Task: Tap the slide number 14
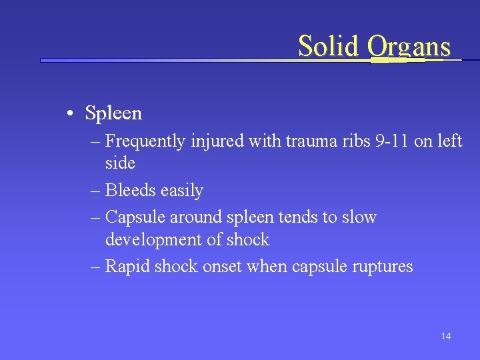pos(446,336)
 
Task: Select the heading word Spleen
pos(113,113)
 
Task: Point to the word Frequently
pos(145,141)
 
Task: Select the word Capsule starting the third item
pos(135,217)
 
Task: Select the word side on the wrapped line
pos(120,163)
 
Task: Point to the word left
pos(449,141)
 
